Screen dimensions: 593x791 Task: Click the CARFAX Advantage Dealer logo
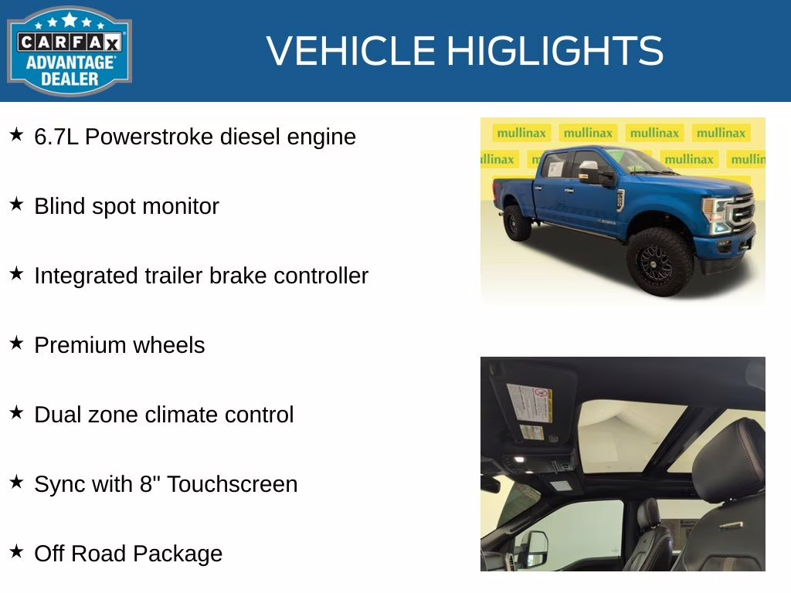pyautogui.click(x=70, y=51)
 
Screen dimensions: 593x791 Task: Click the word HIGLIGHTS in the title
pyautogui.click(x=555, y=51)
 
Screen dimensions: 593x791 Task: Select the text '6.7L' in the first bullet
pyautogui.click(x=56, y=137)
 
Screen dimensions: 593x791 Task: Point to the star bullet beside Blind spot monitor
pyautogui.click(x=16, y=205)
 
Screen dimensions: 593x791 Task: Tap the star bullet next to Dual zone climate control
pyautogui.click(x=16, y=413)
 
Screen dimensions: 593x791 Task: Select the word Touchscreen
pyautogui.click(x=232, y=484)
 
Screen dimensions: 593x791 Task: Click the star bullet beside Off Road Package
pyautogui.click(x=16, y=552)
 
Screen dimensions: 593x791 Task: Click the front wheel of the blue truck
pyautogui.click(x=660, y=261)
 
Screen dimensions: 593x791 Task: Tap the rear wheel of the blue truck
pyautogui.click(x=517, y=222)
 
